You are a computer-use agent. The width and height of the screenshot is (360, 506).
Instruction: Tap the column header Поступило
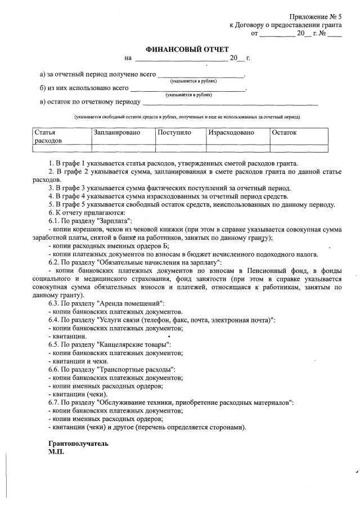[174, 133]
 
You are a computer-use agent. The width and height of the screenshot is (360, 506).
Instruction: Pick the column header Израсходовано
[231, 133]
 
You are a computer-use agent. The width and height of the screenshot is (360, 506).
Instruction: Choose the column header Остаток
[284, 133]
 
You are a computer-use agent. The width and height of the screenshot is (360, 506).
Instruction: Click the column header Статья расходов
[48, 137]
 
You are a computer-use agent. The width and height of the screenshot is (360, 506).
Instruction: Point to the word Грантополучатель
[78, 444]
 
